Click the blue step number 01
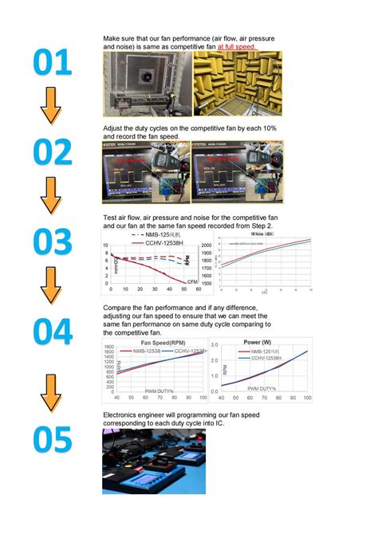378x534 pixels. (51, 63)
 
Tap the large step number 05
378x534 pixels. (51, 440)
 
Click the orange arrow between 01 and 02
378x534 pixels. (51, 105)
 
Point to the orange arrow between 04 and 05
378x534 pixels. (51, 392)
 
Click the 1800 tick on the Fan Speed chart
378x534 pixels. (109, 347)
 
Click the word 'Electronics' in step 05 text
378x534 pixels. (125, 415)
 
